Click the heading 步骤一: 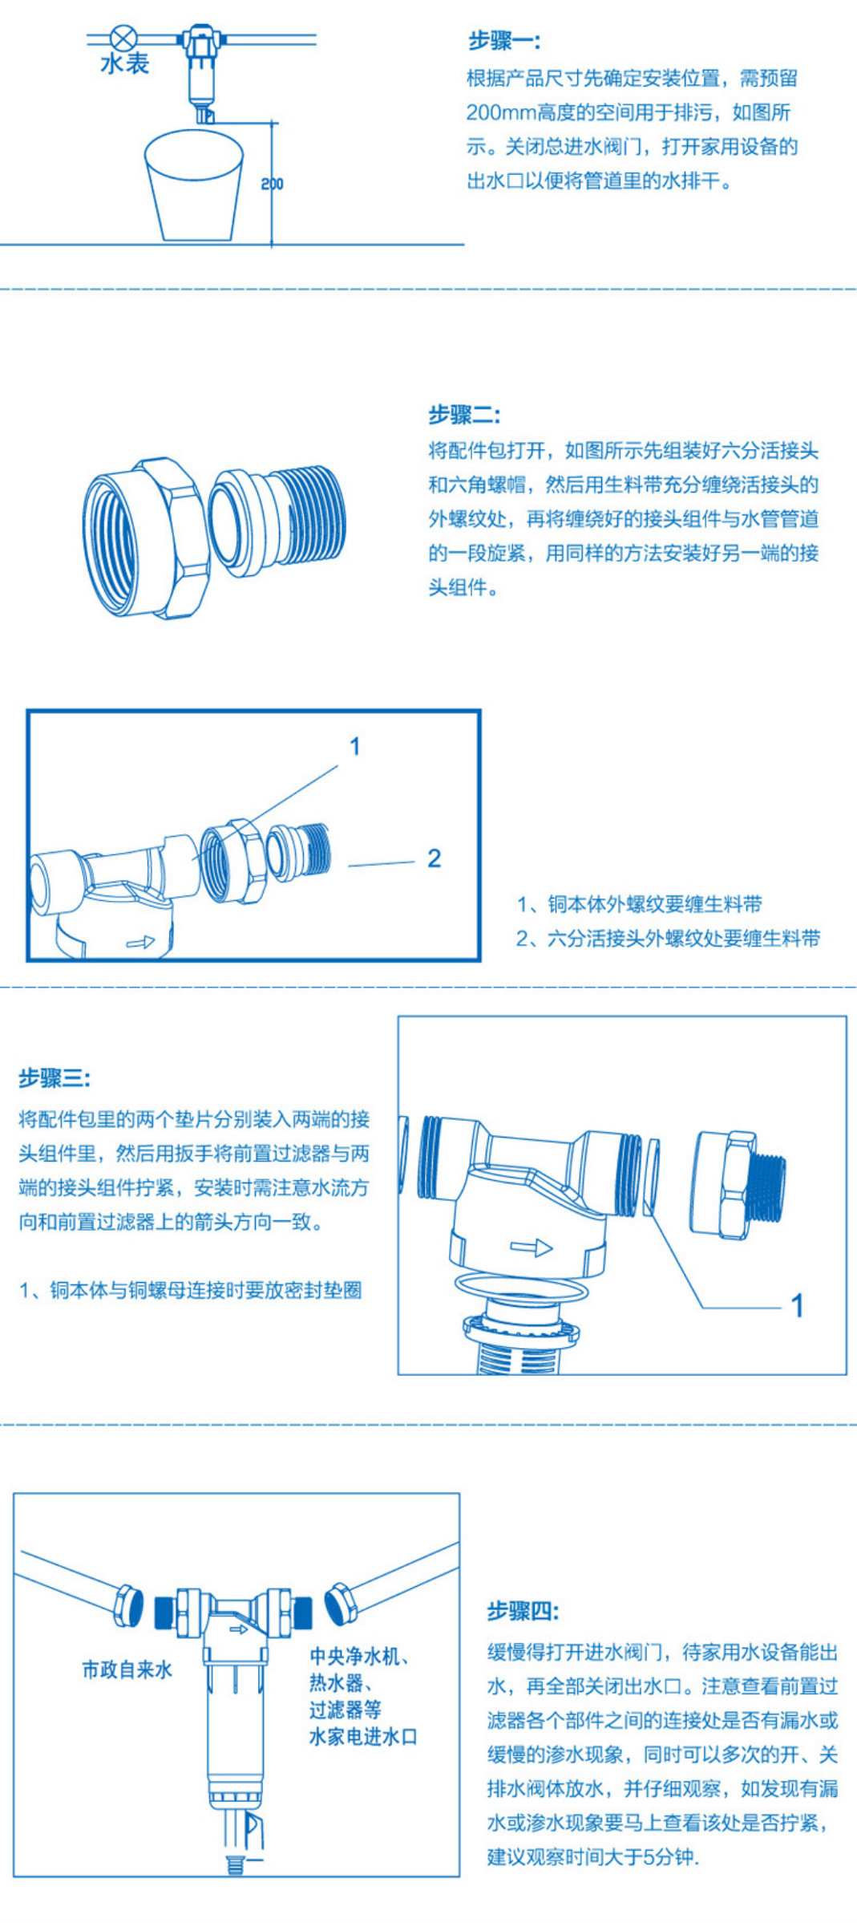click(503, 41)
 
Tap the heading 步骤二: click(463, 415)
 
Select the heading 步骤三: click(55, 1078)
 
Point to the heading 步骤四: click(523, 1611)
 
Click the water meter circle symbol click(123, 38)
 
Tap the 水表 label click(124, 64)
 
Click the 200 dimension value click(272, 184)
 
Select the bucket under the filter click(194, 186)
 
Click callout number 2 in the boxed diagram click(434, 858)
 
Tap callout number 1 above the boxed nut click(354, 747)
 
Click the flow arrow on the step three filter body click(532, 1248)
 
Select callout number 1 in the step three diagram click(797, 1305)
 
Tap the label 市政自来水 click(127, 1670)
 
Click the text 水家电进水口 click(363, 1738)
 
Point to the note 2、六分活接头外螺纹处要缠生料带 click(668, 939)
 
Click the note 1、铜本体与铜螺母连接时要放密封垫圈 click(190, 1290)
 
